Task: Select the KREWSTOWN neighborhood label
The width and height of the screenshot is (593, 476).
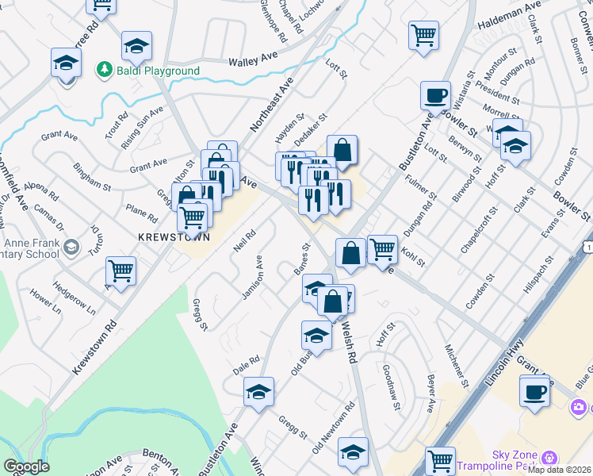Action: pyautogui.click(x=174, y=237)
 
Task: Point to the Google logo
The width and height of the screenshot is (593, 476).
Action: pyautogui.click(x=26, y=466)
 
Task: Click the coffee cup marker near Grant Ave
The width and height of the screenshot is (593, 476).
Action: pyautogui.click(x=534, y=391)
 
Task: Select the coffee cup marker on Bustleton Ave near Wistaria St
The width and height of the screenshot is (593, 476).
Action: pyautogui.click(x=434, y=96)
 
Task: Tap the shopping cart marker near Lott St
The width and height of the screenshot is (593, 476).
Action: pyautogui.click(x=423, y=35)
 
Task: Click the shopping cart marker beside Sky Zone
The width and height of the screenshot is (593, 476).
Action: pyautogui.click(x=439, y=461)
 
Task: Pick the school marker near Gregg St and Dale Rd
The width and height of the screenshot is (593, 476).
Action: pyautogui.click(x=258, y=392)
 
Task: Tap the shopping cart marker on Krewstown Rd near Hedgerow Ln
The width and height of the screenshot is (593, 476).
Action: pyautogui.click(x=121, y=271)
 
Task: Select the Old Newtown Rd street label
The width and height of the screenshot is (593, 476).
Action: pyautogui.click(x=333, y=433)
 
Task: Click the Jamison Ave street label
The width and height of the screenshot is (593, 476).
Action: pyautogui.click(x=252, y=278)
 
